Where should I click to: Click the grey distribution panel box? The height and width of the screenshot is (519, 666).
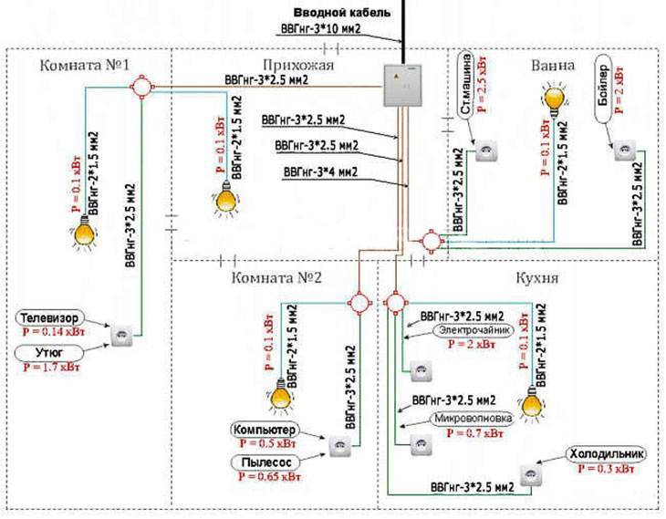pos(402,86)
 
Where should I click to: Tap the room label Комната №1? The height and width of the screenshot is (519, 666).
pos(85,66)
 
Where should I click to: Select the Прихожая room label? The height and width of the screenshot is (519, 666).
pos(298,65)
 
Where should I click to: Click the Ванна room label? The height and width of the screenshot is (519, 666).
pos(553,66)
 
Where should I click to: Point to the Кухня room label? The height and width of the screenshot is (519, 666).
pos(536,278)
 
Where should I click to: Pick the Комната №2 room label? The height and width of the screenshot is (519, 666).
pos(276,278)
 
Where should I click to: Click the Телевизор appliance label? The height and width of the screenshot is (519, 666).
pos(49,318)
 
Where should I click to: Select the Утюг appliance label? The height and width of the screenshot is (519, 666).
pos(49,352)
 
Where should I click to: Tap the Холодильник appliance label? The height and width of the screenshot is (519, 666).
pos(606,453)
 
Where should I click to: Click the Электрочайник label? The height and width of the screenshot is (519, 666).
pos(473,330)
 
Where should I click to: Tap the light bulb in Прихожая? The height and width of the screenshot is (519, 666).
pos(225,198)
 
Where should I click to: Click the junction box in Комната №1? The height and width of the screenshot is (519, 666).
pos(141,87)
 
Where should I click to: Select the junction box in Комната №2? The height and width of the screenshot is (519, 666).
pos(359,303)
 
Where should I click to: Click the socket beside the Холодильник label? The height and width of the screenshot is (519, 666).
pos(531,476)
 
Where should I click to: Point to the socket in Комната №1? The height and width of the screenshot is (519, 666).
pos(122,336)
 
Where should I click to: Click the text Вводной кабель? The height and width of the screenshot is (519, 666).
pos(342,13)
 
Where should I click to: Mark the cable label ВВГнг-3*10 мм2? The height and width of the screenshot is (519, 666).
pos(320,29)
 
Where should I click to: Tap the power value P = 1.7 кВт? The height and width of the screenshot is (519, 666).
pos(51,367)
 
